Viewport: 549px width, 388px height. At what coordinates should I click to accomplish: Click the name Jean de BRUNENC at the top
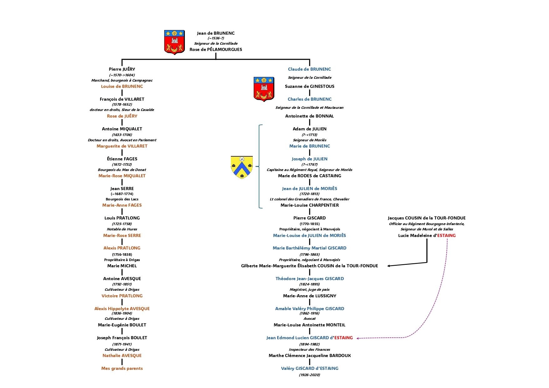pos(216,33)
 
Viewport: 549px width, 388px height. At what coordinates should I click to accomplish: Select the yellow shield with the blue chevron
pos(241,167)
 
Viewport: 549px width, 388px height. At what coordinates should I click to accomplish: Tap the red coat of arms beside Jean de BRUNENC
pos(174,42)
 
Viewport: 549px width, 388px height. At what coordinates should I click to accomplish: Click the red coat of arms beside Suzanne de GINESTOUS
pos(264,89)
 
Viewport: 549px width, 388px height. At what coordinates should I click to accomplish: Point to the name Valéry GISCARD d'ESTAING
pos(309,368)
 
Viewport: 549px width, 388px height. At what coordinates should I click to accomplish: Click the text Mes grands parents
pos(122,368)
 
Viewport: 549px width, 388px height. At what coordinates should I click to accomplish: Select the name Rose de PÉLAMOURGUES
pos(216,49)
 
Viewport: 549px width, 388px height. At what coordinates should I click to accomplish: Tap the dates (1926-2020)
pos(309,375)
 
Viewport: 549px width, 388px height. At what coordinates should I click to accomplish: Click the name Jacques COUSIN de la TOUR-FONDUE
pos(427,218)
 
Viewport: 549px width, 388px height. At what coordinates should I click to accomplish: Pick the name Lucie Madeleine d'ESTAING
pos(427,235)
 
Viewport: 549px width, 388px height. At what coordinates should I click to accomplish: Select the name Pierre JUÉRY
pos(122,69)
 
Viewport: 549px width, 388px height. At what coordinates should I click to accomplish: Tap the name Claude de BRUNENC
pos(309,69)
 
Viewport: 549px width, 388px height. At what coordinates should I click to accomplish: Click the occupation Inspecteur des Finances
pos(309,350)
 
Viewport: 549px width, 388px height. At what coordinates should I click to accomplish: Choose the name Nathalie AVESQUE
pos(122,355)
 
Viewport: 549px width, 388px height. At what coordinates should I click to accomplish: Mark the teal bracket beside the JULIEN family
pos(259,166)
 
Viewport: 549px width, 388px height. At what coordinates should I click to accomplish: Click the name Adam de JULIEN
pos(309,129)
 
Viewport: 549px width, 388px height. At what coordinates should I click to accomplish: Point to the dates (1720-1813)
pos(309,194)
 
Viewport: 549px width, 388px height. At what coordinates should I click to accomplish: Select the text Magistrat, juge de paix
pos(309,290)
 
